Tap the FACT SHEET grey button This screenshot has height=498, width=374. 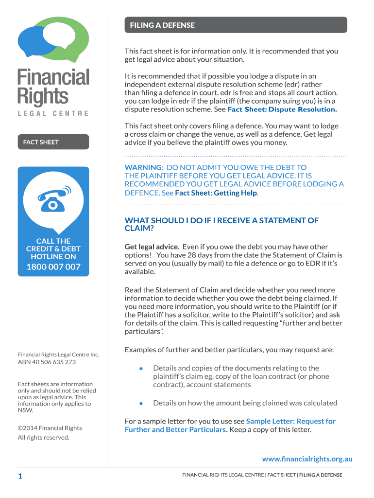[53, 142]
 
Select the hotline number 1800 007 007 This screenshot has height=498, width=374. [53, 267]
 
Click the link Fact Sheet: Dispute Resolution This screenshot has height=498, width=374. [282, 109]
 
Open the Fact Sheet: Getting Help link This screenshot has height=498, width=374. [216, 193]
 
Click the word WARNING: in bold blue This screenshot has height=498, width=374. [144, 167]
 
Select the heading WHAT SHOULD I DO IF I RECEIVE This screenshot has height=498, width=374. [221, 220]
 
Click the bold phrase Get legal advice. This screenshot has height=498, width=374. [152, 247]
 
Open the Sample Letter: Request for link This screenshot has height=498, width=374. [291, 421]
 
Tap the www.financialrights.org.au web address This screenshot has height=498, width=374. [307, 459]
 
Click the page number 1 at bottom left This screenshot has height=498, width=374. [20, 476]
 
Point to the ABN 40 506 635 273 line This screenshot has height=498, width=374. [47, 362]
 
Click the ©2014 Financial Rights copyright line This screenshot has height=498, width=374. [50, 428]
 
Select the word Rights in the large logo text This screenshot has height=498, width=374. [43, 97]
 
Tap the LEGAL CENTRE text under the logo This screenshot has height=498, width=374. [53, 113]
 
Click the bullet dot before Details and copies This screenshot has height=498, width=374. [141, 369]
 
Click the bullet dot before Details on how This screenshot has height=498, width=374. [141, 403]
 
